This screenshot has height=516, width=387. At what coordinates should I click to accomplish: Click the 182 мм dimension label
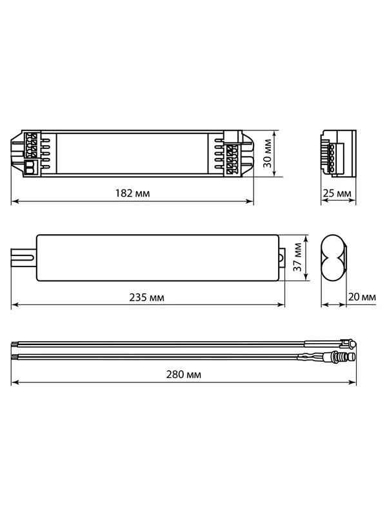133,193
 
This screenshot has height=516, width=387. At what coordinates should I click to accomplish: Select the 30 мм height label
268,154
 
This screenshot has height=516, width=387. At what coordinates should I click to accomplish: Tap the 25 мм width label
337,193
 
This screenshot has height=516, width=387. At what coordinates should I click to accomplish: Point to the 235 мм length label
147,297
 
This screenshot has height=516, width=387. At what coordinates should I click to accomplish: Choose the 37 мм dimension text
297,257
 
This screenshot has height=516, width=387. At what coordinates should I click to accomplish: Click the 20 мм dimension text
362,297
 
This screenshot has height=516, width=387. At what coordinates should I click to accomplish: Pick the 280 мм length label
184,375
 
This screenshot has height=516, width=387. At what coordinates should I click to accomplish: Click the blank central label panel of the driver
132,154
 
